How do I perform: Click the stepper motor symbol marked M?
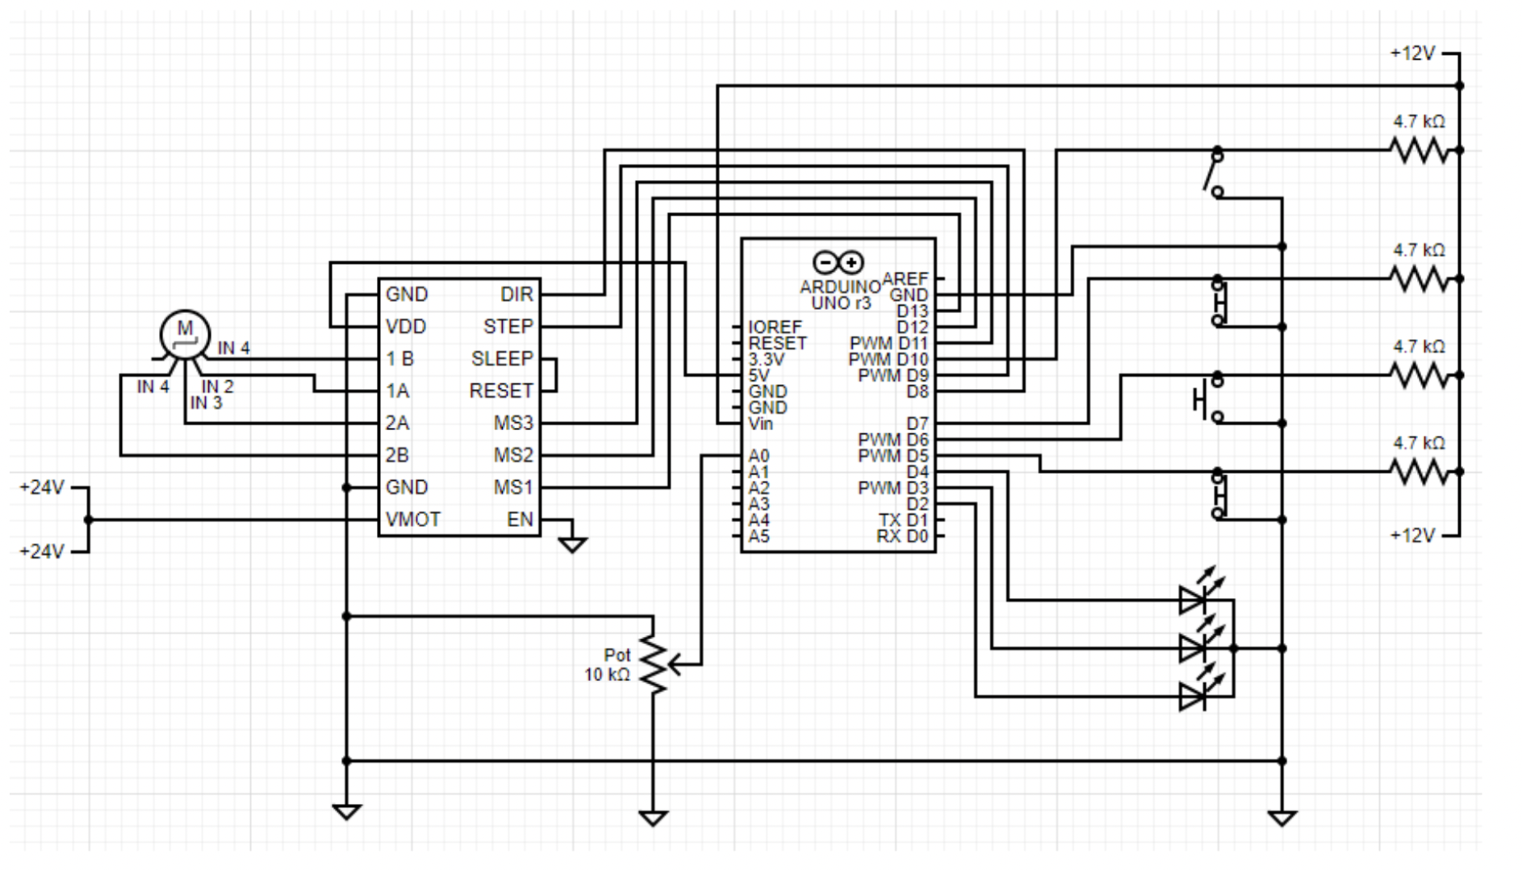tap(185, 333)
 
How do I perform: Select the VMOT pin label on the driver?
tap(413, 520)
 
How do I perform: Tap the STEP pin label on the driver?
tap(508, 327)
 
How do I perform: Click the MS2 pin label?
tap(513, 456)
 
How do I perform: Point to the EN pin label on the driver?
tap(520, 520)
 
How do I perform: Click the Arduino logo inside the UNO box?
tap(838, 262)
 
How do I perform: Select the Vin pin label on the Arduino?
tap(760, 424)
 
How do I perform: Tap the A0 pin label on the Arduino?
tap(759, 456)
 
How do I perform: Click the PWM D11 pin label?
tap(889, 343)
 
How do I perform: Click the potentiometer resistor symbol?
tap(654, 664)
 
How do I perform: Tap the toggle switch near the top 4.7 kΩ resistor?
tap(1213, 172)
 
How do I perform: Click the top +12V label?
tap(1412, 53)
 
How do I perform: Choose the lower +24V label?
tap(42, 552)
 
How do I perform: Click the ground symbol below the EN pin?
tap(572, 545)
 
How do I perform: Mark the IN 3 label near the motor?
tap(206, 403)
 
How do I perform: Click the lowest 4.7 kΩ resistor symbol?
tap(1420, 471)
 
